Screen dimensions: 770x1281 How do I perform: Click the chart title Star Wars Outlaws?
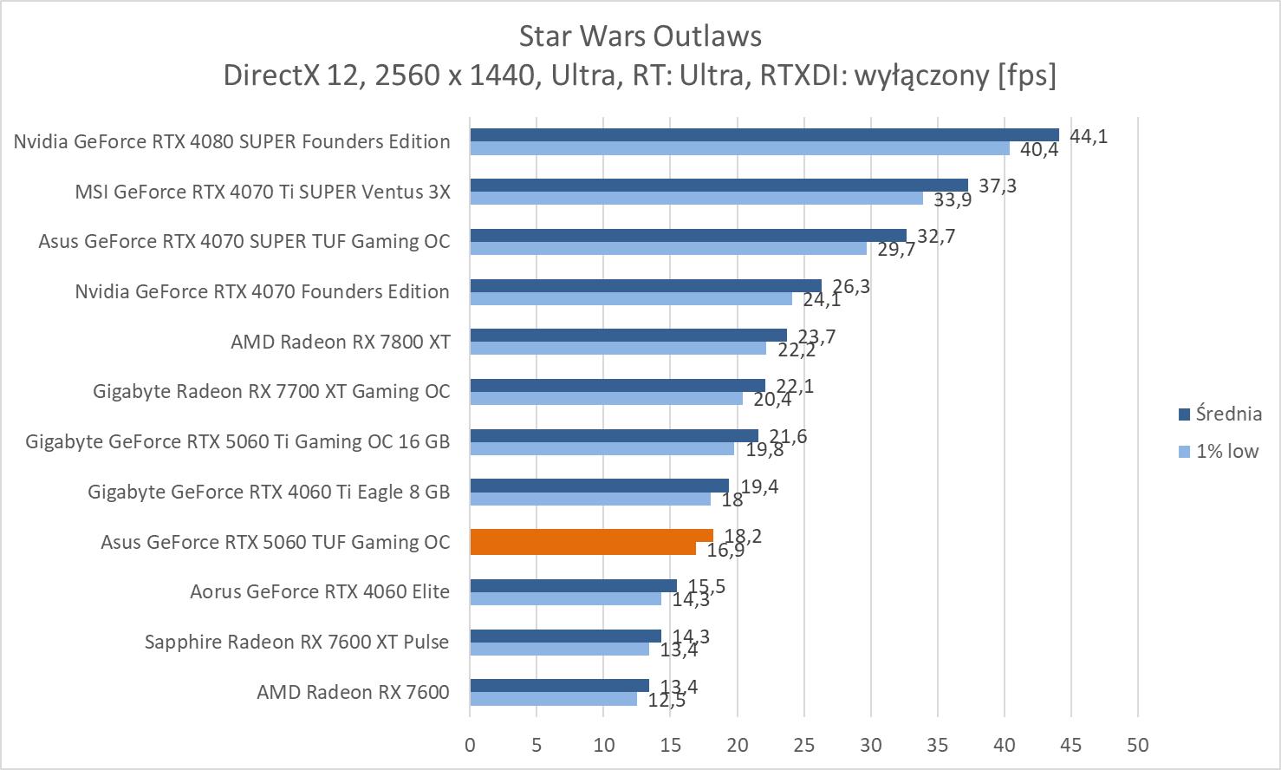(640, 36)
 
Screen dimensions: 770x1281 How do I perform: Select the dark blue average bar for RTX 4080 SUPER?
(764, 134)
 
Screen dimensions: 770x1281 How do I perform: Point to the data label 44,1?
(1089, 136)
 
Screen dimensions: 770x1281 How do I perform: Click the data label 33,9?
(953, 200)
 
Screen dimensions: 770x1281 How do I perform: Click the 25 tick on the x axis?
(804, 744)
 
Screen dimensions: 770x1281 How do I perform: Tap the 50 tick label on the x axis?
(1137, 744)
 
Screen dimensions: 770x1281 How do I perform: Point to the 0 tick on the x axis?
(470, 744)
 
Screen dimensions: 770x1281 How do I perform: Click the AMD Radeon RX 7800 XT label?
(340, 342)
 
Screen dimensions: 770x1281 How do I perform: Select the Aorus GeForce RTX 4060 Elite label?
(320, 591)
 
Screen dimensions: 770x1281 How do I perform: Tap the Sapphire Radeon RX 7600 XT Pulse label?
(296, 642)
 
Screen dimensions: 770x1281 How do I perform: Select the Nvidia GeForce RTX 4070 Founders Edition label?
(262, 291)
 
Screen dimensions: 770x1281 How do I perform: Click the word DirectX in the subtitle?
(271, 75)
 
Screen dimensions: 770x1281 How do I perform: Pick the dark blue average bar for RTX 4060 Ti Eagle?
(599, 485)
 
